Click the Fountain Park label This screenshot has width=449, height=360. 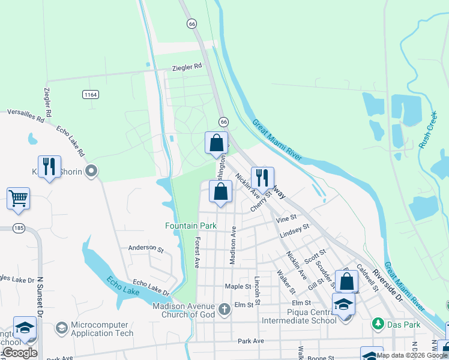[x=190, y=226]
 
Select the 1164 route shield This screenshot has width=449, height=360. [x=91, y=95]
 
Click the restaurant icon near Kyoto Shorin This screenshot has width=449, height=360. [x=49, y=167]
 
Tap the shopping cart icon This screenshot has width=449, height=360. [x=19, y=198]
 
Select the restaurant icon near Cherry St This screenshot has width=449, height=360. [x=262, y=178]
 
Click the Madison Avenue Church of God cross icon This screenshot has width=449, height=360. [x=224, y=310]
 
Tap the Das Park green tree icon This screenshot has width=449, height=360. [x=378, y=324]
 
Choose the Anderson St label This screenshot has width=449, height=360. [x=146, y=247]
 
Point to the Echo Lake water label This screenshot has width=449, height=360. [x=124, y=286]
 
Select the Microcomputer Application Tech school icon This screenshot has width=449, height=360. [x=61, y=328]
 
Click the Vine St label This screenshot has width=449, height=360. [x=286, y=220]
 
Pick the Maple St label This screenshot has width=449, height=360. [x=237, y=287]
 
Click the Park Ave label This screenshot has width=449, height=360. [x=251, y=341]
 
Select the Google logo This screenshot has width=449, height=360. [x=20, y=353]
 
